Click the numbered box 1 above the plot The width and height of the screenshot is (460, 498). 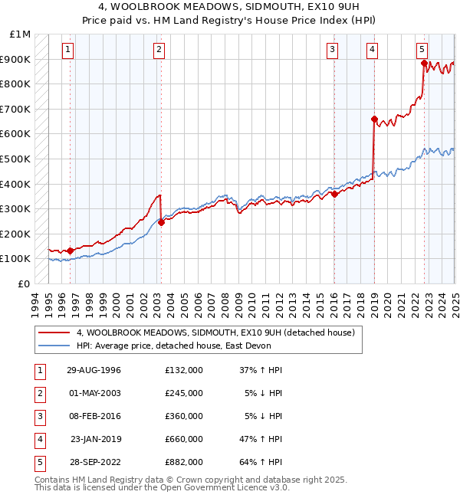[x=68, y=51]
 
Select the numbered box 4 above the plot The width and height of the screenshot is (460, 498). [x=372, y=51]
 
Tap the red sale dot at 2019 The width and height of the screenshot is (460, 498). [x=374, y=120]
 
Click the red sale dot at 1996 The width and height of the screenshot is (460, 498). [x=71, y=251]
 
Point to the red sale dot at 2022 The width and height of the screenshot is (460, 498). [x=424, y=64]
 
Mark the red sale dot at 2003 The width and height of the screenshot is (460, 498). [x=161, y=222]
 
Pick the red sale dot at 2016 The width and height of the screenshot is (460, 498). [x=334, y=194]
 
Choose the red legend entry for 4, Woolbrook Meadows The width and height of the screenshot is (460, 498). [x=215, y=333]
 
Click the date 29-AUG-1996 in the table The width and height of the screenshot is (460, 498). [x=94, y=370]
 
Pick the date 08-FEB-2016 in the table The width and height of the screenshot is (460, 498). [x=94, y=416]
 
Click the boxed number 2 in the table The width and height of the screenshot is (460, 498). [x=39, y=393]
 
